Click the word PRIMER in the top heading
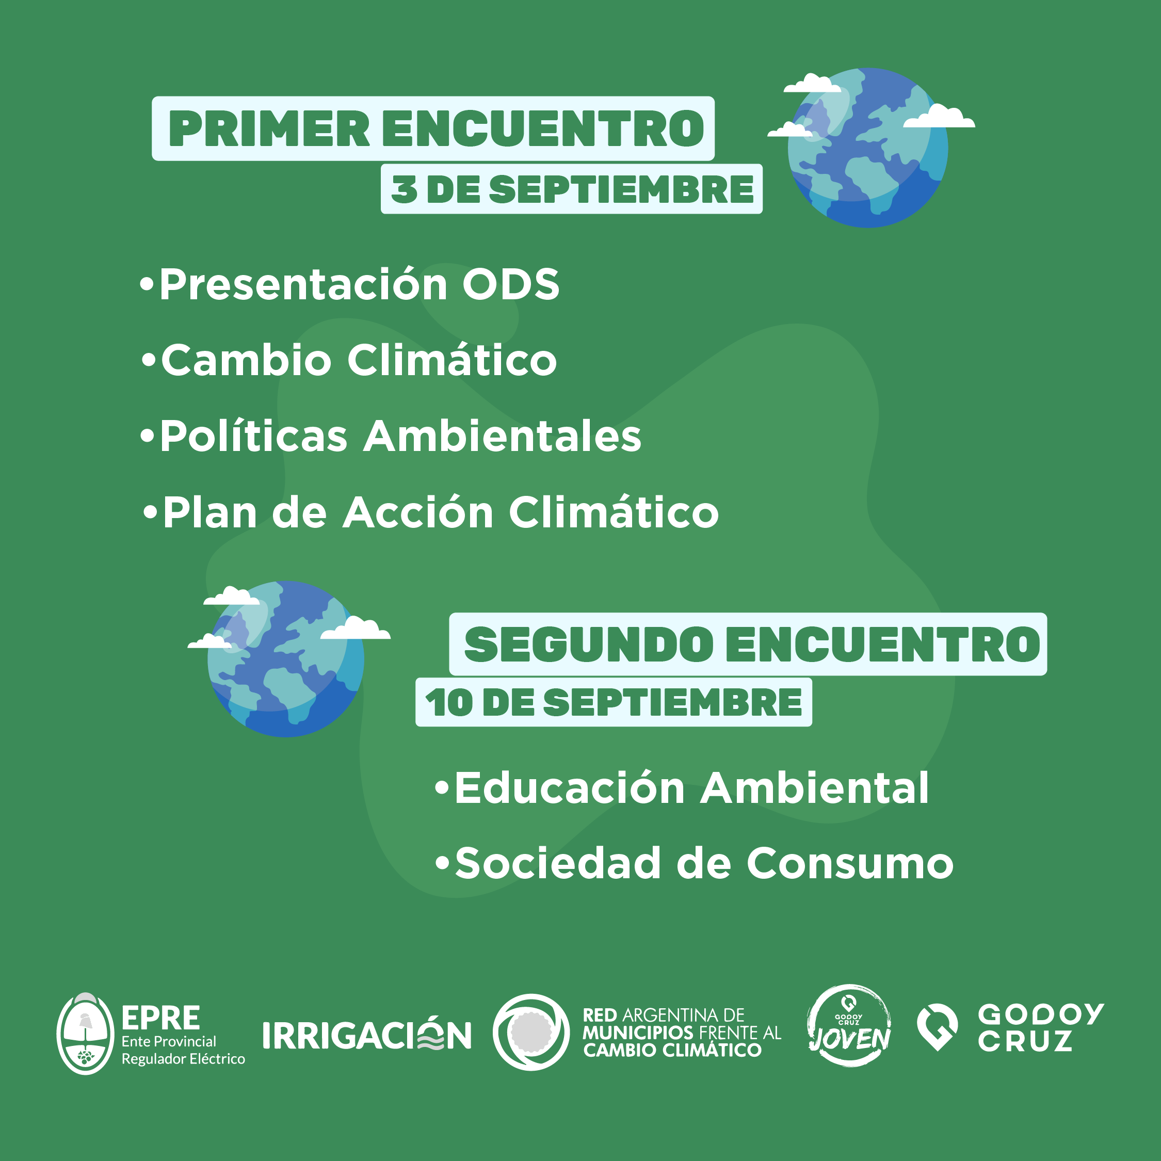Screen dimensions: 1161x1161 (269, 128)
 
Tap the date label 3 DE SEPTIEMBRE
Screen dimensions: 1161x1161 (572, 189)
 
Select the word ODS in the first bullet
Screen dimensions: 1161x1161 (510, 284)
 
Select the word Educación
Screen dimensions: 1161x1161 (570, 788)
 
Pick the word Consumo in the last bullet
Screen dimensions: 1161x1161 (850, 864)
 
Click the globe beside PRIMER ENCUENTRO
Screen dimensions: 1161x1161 (868, 148)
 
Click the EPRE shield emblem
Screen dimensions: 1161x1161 (85, 1033)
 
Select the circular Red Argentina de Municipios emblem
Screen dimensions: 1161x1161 (530, 1032)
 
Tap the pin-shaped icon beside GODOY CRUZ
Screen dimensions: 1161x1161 (938, 1026)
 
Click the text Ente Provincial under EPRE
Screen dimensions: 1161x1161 (169, 1041)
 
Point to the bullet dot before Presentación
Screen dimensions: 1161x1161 (147, 284)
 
